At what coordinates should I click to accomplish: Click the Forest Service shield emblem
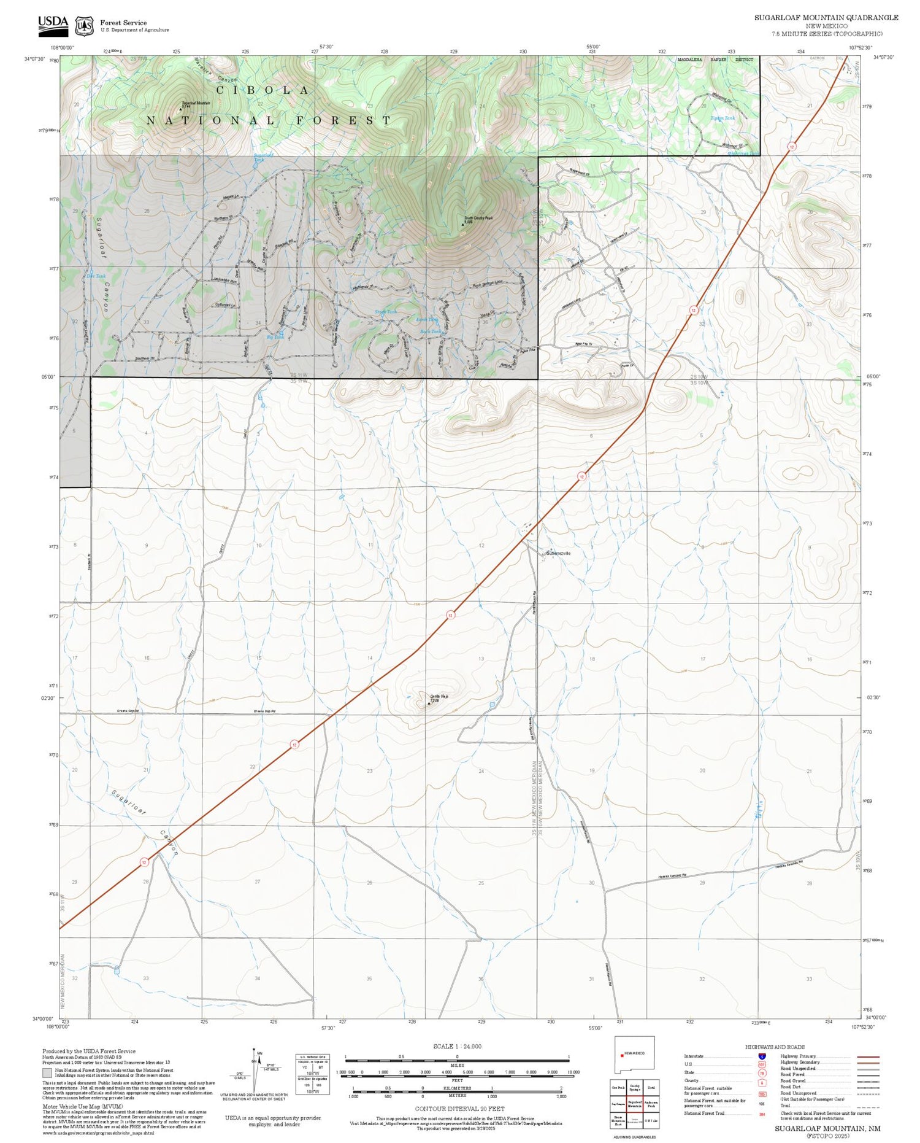point(84,26)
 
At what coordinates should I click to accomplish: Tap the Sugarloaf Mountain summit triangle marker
point(180,109)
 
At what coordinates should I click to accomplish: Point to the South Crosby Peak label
point(478,218)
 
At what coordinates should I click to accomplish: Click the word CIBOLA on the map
point(263,90)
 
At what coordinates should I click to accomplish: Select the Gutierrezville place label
point(558,553)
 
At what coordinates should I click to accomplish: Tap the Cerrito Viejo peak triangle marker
point(429,703)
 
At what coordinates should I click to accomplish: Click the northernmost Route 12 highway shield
point(792,146)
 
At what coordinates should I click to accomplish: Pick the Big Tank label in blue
point(275,337)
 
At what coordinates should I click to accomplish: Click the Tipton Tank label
point(722,118)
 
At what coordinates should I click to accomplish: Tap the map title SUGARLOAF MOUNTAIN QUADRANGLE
point(826,18)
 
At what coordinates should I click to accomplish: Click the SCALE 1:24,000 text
point(457,1046)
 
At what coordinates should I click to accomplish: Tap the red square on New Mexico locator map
point(622,1056)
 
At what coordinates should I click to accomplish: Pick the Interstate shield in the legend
point(762,1056)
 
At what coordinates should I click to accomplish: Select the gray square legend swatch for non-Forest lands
point(47,1073)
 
